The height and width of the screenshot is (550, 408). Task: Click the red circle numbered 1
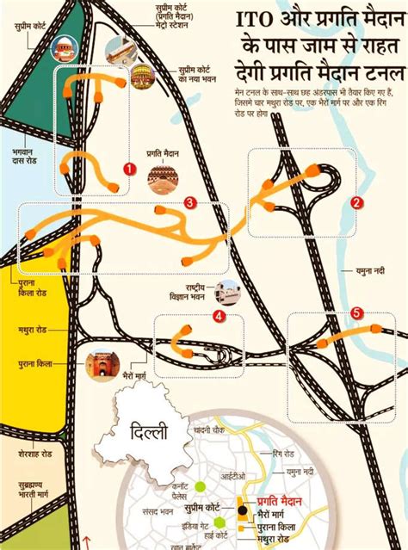(x=128, y=169)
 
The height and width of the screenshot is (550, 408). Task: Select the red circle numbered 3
(x=190, y=203)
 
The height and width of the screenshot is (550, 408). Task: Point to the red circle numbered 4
(x=219, y=318)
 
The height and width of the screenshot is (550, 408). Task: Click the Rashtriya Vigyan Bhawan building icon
(x=228, y=293)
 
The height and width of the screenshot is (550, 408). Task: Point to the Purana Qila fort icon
(x=101, y=367)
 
